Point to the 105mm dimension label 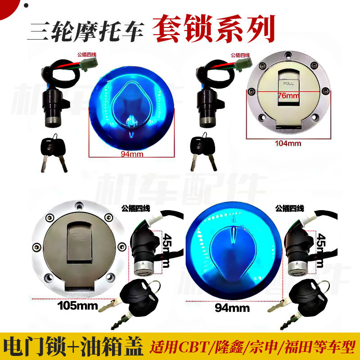[78, 306]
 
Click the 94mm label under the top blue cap [131, 153]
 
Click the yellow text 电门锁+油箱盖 [74, 347]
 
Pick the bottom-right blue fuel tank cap [234, 252]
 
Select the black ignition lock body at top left [54, 101]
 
